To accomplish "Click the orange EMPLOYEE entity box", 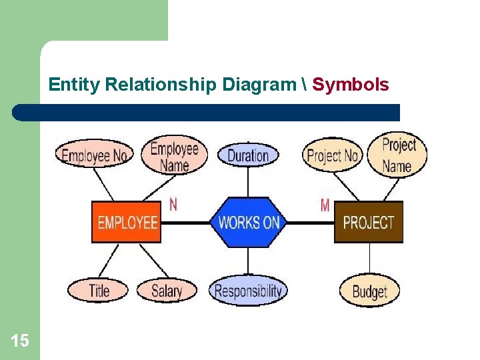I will tap(127, 222).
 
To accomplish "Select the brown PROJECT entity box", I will tap(369, 222).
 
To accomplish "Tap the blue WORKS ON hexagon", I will tap(248, 222).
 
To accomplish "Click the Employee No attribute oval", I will tap(94, 156).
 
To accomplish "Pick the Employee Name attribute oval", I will tap(174, 156).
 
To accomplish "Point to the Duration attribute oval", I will tap(248, 155).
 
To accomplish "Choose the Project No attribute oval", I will tap(332, 156).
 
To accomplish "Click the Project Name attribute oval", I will tap(399, 155).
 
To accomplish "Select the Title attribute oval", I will tap(99, 290).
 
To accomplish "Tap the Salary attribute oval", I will tap(167, 291).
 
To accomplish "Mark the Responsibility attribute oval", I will tap(248, 291).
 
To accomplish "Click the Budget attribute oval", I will tap(369, 291).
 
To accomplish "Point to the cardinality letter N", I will tap(173, 204).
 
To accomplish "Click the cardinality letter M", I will tap(325, 205).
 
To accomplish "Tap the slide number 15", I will tap(20, 341).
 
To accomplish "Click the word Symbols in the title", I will tap(351, 85).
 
